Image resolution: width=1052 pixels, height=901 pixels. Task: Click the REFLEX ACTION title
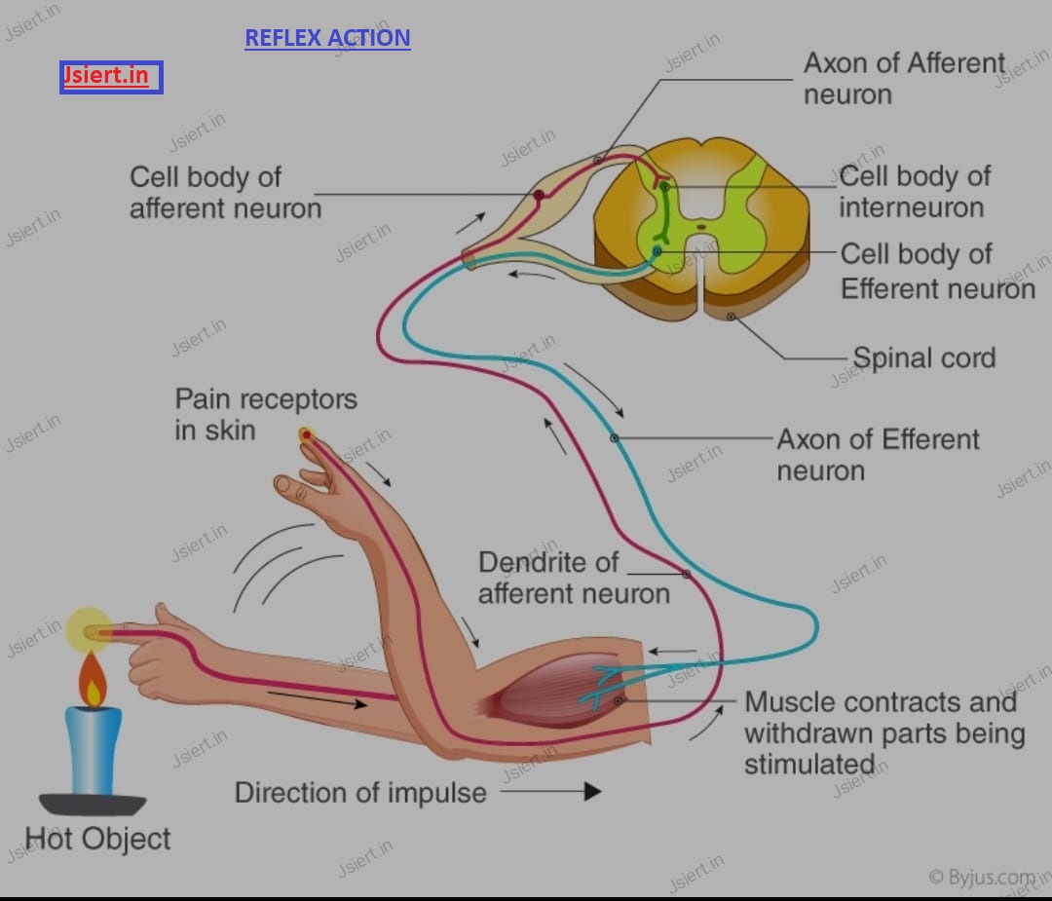point(327,38)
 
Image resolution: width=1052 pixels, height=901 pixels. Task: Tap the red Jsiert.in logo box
point(111,77)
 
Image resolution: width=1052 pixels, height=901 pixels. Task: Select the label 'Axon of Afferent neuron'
point(904,79)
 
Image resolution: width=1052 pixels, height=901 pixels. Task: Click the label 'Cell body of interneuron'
point(915,192)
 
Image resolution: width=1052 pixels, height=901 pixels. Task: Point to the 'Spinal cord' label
point(923,357)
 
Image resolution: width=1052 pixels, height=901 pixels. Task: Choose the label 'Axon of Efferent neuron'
point(878,455)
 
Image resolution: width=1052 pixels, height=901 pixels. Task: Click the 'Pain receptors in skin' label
point(266,415)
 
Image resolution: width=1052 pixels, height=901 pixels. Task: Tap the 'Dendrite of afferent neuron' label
point(574,578)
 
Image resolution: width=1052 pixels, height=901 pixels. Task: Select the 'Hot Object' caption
point(97,839)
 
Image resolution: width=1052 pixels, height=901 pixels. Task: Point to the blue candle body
point(94,750)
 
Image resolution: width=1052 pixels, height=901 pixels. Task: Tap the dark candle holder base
point(93,804)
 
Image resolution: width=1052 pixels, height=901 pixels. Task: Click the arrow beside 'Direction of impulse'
point(550,792)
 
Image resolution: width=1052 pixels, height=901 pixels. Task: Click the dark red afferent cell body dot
point(539,195)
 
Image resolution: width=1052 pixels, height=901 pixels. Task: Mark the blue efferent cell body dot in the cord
point(657,251)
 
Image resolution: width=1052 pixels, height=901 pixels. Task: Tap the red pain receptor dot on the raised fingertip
point(307,435)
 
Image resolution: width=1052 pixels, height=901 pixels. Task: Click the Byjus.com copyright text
point(982,877)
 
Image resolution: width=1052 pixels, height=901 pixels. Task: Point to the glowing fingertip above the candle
point(90,631)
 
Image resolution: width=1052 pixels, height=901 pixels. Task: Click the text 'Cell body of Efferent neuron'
point(938,271)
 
